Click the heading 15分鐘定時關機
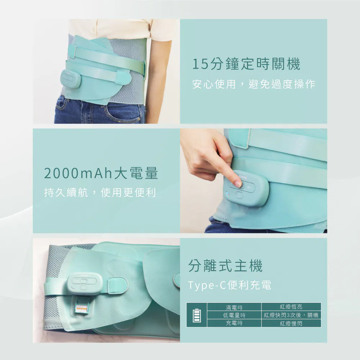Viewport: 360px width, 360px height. tap(246, 65)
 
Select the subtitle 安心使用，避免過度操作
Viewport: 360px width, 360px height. tap(254, 85)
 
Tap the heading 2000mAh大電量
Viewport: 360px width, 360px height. tap(101, 174)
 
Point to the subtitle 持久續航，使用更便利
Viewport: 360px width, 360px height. tap(100, 193)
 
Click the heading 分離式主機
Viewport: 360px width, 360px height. tap(226, 266)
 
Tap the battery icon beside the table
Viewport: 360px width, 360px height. tap(197, 315)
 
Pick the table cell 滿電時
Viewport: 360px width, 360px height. tap(234, 307)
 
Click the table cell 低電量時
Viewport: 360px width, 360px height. tap(234, 315)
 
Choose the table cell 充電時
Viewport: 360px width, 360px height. tap(234, 323)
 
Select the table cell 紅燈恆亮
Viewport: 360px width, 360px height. tap(291, 307)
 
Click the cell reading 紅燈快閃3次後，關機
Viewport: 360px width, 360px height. tap(291, 315)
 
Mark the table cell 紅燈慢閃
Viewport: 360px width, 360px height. tap(291, 323)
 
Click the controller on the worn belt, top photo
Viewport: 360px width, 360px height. tap(71, 79)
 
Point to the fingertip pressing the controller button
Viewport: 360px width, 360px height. tap(238, 184)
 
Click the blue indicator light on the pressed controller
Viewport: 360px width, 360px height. tap(227, 195)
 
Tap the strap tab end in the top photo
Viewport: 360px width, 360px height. tap(123, 77)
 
